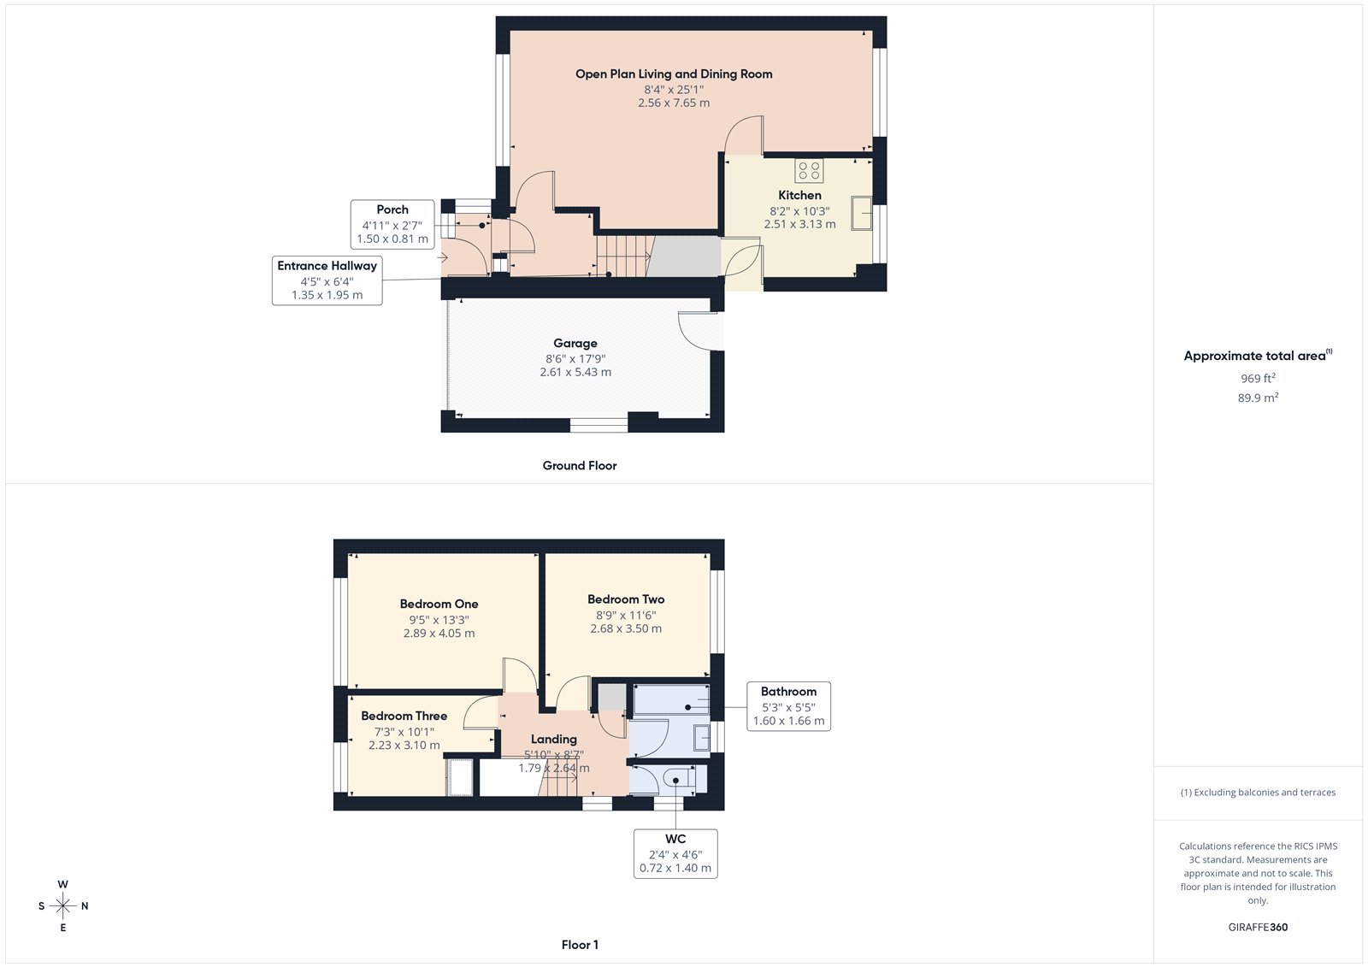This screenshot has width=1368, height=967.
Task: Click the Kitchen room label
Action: click(x=799, y=196)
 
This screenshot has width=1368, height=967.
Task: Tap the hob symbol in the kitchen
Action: click(x=809, y=170)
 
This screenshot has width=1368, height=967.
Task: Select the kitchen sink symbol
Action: click(x=861, y=213)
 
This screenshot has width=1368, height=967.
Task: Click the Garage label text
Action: click(x=575, y=344)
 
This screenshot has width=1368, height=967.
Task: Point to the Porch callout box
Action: click(x=392, y=224)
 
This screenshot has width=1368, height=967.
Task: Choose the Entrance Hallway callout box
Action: click(x=327, y=280)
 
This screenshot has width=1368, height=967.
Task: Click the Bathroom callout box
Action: click(x=788, y=706)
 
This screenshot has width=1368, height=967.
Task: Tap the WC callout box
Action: click(x=675, y=853)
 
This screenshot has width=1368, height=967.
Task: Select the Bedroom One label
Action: click(x=439, y=604)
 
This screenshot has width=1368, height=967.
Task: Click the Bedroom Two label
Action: click(x=626, y=599)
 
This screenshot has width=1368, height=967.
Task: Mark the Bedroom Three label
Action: click(x=404, y=716)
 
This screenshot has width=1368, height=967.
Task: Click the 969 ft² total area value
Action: click(x=1258, y=378)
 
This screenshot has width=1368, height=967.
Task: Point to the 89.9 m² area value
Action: click(x=1258, y=398)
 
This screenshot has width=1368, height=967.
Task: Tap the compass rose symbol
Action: click(x=62, y=905)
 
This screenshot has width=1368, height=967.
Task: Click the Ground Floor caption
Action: click(x=579, y=466)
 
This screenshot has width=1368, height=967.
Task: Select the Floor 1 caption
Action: click(x=580, y=945)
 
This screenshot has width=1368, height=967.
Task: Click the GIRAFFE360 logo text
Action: click(x=1258, y=927)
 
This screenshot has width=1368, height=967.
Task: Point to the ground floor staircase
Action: click(x=623, y=255)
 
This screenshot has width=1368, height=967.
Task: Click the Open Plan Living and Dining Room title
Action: click(x=674, y=74)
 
